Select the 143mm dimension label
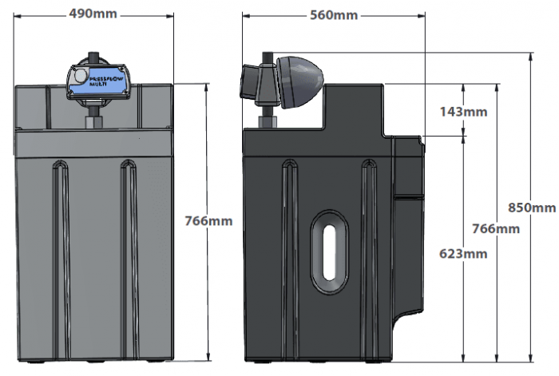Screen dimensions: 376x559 click(463, 111)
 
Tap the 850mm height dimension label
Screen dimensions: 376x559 click(531, 208)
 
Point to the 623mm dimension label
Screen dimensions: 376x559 click(463, 254)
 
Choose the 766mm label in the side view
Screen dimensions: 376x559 click(496, 228)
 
